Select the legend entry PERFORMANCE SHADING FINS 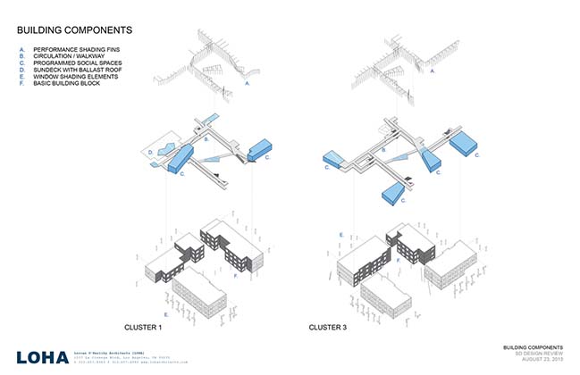point(71,49)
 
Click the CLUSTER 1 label point(145,328)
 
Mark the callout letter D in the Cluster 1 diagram point(149,154)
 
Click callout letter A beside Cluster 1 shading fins point(246,82)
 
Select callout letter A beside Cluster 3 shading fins point(432,69)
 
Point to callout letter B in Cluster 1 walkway point(206,140)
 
